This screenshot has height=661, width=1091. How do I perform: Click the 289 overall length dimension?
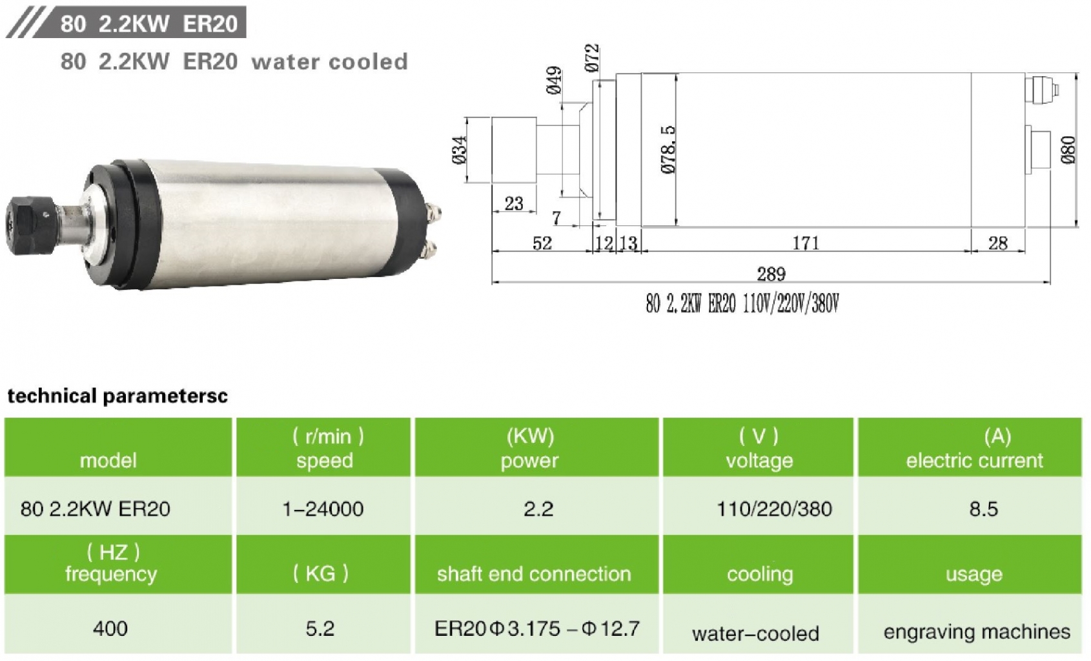(x=771, y=274)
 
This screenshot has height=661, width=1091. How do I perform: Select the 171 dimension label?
(x=806, y=243)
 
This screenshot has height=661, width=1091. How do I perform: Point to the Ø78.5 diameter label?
(x=669, y=150)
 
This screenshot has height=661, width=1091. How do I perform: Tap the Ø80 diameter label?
(x=1068, y=150)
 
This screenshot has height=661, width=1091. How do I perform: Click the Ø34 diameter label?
(x=459, y=150)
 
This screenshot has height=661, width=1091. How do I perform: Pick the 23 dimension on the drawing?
(x=514, y=203)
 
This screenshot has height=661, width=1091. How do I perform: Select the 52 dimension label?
(x=542, y=243)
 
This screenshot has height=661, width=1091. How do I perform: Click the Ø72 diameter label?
(x=592, y=58)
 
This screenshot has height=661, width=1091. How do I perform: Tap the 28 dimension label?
(x=997, y=243)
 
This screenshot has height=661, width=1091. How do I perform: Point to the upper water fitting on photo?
(x=433, y=212)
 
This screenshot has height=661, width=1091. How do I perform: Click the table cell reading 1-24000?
(x=323, y=509)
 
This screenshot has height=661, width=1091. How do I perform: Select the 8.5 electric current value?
(x=983, y=509)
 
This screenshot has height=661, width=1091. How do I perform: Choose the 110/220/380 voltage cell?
(x=774, y=509)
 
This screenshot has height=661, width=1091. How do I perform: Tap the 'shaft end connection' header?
(x=534, y=574)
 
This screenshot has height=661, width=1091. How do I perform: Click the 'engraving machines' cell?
(x=976, y=631)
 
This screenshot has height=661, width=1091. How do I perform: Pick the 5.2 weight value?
(x=320, y=628)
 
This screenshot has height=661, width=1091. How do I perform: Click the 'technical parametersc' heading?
(x=117, y=396)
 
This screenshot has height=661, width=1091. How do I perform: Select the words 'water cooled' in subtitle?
(x=329, y=62)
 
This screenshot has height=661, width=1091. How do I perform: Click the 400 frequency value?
(x=110, y=628)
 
